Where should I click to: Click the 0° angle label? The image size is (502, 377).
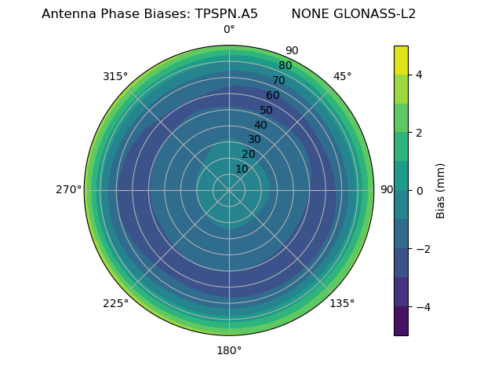click(229, 30)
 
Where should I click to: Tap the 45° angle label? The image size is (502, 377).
click(342, 76)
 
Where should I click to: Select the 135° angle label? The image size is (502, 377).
click(342, 303)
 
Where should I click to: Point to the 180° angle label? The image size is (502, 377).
click(229, 350)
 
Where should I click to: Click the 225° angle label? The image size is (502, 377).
click(115, 303)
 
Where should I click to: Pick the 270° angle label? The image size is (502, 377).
click(68, 190)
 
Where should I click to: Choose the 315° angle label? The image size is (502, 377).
click(115, 76)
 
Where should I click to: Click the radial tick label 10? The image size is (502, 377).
click(242, 170)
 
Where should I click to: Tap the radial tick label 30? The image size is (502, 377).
click(254, 140)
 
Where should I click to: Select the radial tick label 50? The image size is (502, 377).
click(267, 110)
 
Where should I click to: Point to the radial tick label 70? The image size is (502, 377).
click(278, 80)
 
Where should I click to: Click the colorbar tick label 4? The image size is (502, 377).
click(419, 75)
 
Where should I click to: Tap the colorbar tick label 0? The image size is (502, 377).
click(419, 191)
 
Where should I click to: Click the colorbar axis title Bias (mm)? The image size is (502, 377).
click(441, 191)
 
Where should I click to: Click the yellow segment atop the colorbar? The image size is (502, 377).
click(401, 60)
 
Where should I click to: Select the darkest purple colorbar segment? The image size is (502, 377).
click(401, 321)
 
